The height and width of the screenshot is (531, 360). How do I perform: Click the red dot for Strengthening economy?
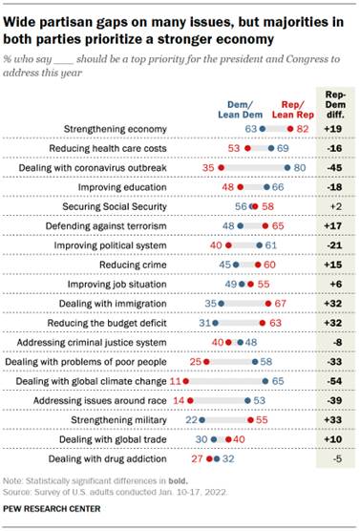pos(289,127)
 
